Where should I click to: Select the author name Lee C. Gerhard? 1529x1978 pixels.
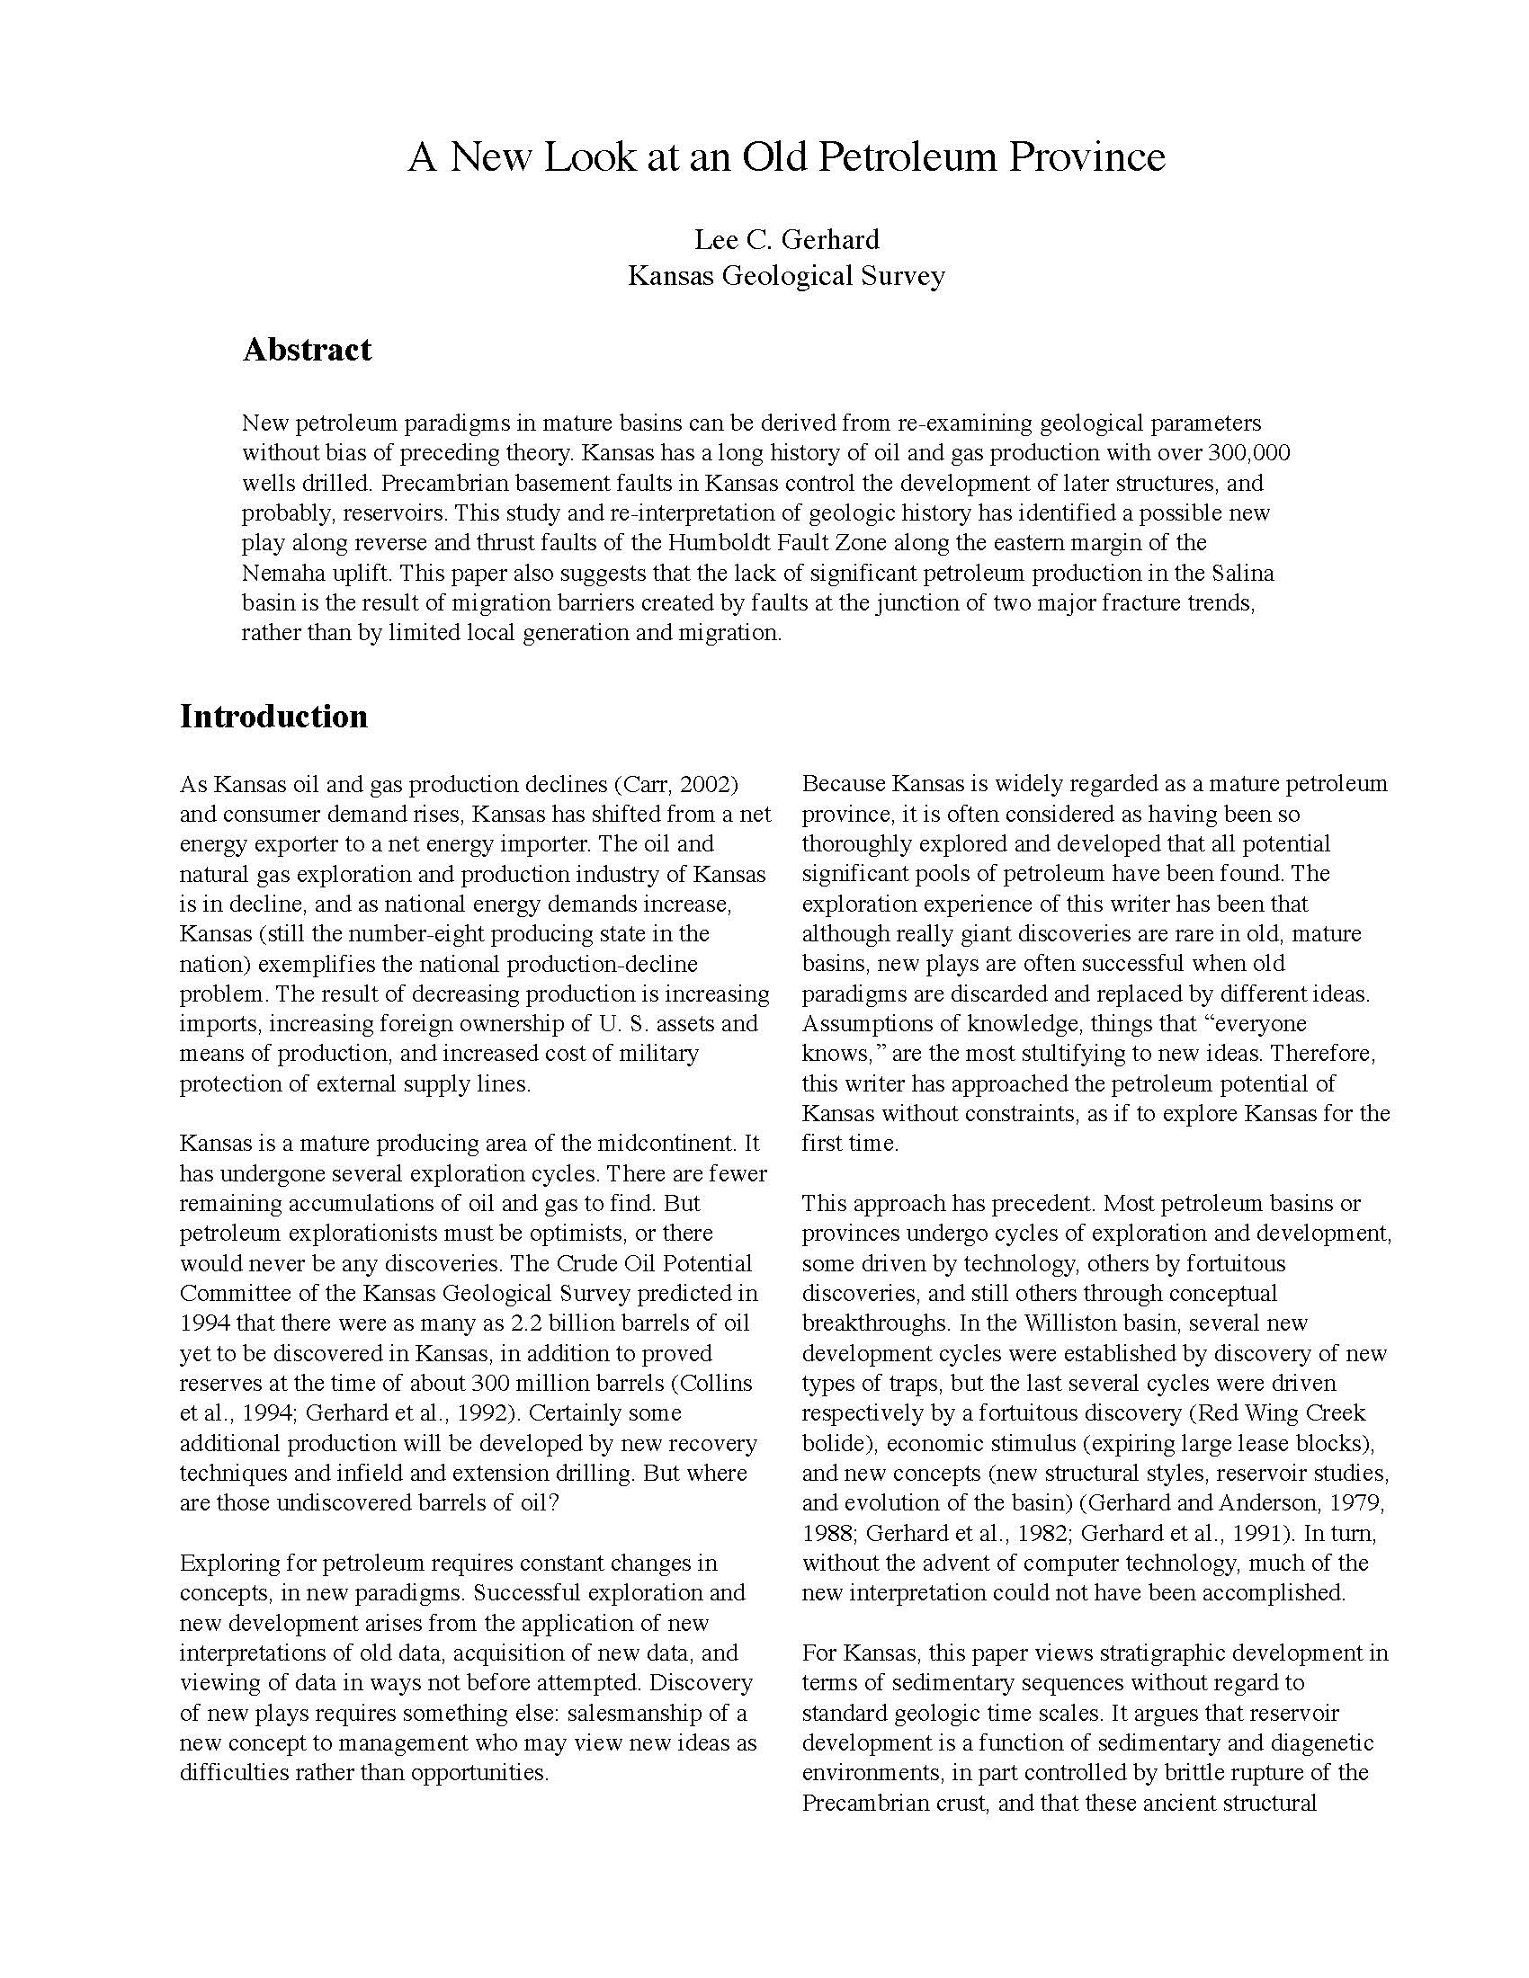[x=786, y=239]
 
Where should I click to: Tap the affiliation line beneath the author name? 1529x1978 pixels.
[x=786, y=275]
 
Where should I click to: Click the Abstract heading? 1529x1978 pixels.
[x=306, y=350]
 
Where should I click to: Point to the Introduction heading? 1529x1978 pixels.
[x=273, y=717]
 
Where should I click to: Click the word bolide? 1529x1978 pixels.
[x=829, y=1444]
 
